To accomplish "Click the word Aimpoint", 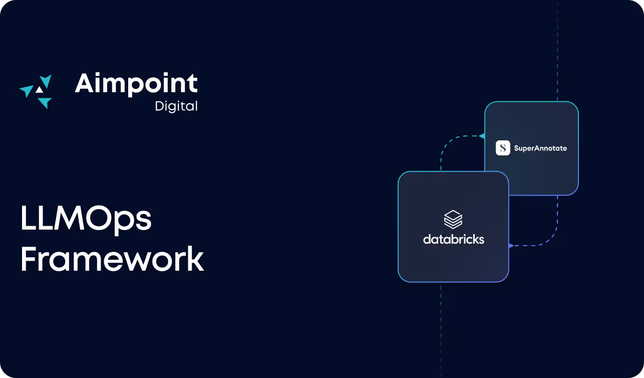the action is (136, 84).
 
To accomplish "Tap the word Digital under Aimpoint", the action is (176, 106).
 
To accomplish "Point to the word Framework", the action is (112, 259).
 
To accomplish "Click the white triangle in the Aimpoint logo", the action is (39, 90).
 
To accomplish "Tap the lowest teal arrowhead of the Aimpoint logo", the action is (45, 103).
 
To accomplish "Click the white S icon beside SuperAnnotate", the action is (503, 148).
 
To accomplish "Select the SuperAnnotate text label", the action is (540, 148).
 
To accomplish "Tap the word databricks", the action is (453, 240).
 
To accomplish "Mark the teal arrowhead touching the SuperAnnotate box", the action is (482, 136).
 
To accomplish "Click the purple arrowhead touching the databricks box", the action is (511, 246).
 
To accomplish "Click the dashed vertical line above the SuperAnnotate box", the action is (557, 50).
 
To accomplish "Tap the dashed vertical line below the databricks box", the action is (441, 331).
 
